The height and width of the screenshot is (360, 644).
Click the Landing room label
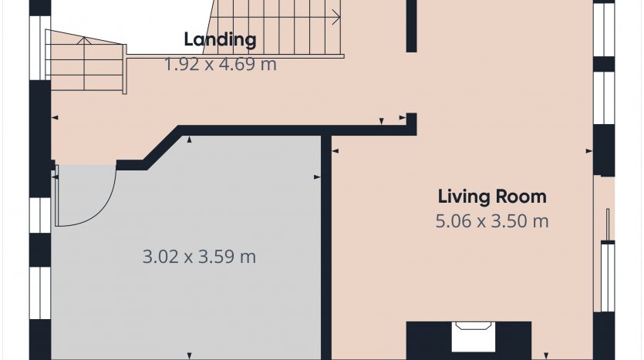pyautogui.click(x=220, y=40)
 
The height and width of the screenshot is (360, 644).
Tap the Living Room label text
pyautogui.click(x=492, y=197)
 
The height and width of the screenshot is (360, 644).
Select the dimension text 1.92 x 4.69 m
pyautogui.click(x=221, y=65)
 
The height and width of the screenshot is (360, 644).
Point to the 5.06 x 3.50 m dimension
pyautogui.click(x=492, y=221)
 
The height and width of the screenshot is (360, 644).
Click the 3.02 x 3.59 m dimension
pyautogui.click(x=199, y=257)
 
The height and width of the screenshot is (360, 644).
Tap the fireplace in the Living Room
pyautogui.click(x=469, y=340)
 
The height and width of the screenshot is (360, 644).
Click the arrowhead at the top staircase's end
pyautogui.click(x=337, y=17)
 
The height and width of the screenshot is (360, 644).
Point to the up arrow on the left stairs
pyautogui.click(x=84, y=40)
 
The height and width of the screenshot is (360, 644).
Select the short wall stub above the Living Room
pyautogui.click(x=411, y=26)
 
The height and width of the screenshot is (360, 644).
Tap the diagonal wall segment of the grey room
pyautogui.click(x=162, y=147)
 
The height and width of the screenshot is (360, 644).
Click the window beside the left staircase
pyautogui.click(x=40, y=48)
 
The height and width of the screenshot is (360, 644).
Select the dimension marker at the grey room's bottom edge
pyautogui.click(x=189, y=356)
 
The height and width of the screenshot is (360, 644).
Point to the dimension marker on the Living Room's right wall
pyautogui.click(x=589, y=151)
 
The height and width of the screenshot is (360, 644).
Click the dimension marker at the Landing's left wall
pyautogui.click(x=55, y=118)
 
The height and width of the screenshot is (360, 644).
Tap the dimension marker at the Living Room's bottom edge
pyautogui.click(x=546, y=356)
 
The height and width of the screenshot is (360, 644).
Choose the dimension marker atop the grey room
pyautogui.click(x=189, y=140)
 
